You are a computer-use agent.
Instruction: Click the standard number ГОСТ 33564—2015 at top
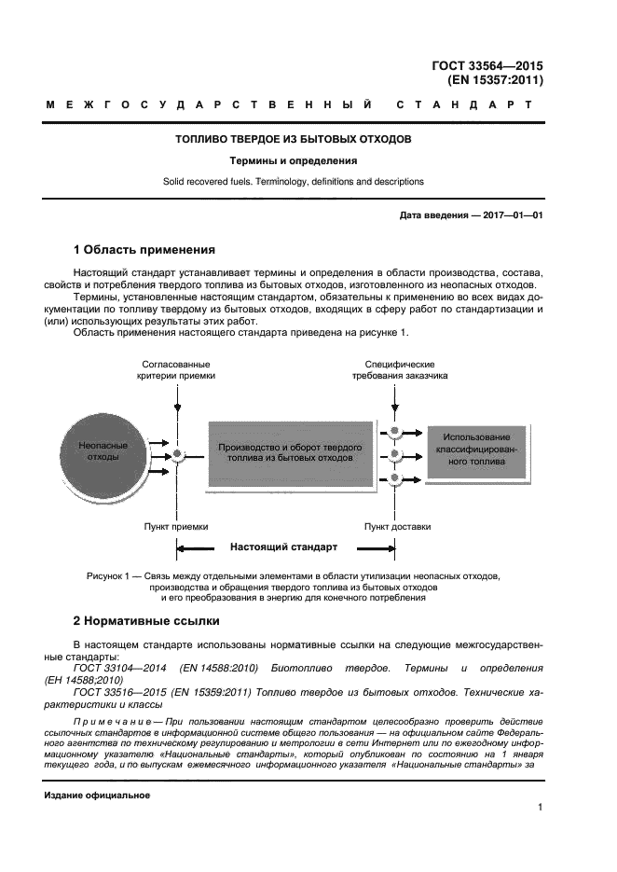pos(487,65)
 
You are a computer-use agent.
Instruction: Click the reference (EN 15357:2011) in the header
pos(495,80)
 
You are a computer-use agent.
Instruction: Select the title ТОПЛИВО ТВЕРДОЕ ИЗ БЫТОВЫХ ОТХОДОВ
pos(295,140)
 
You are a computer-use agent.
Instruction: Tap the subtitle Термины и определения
pos(295,160)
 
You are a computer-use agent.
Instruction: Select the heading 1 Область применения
pos(144,250)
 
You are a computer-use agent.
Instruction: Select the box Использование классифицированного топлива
pos(476,449)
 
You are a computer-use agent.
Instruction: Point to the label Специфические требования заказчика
pos(400,369)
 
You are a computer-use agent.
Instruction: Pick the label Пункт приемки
pos(176,527)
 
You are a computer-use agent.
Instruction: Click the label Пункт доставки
pos(398,527)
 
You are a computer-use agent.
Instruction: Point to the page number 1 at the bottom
pos(540,808)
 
